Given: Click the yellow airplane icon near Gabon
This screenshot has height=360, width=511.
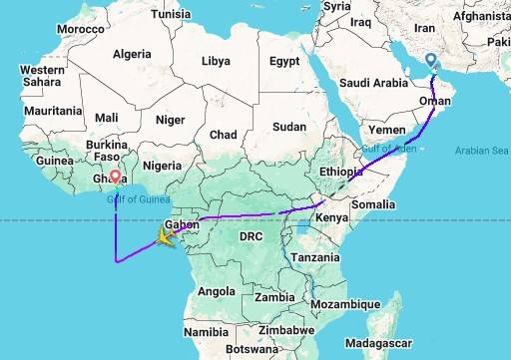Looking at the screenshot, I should point(160,237).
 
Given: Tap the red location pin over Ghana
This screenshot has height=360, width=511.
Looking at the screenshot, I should point(116,179).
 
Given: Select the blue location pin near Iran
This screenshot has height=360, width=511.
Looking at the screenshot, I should point(431,61).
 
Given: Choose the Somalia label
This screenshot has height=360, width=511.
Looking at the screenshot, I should point(375,204).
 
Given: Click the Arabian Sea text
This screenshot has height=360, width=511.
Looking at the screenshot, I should point(481,152).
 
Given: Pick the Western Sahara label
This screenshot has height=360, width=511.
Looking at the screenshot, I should point(42,76).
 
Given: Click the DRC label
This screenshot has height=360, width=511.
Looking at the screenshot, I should point(251,236).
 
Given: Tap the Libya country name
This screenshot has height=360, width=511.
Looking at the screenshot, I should point(215,61).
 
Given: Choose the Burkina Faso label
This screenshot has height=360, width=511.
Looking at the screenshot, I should point(108,151).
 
